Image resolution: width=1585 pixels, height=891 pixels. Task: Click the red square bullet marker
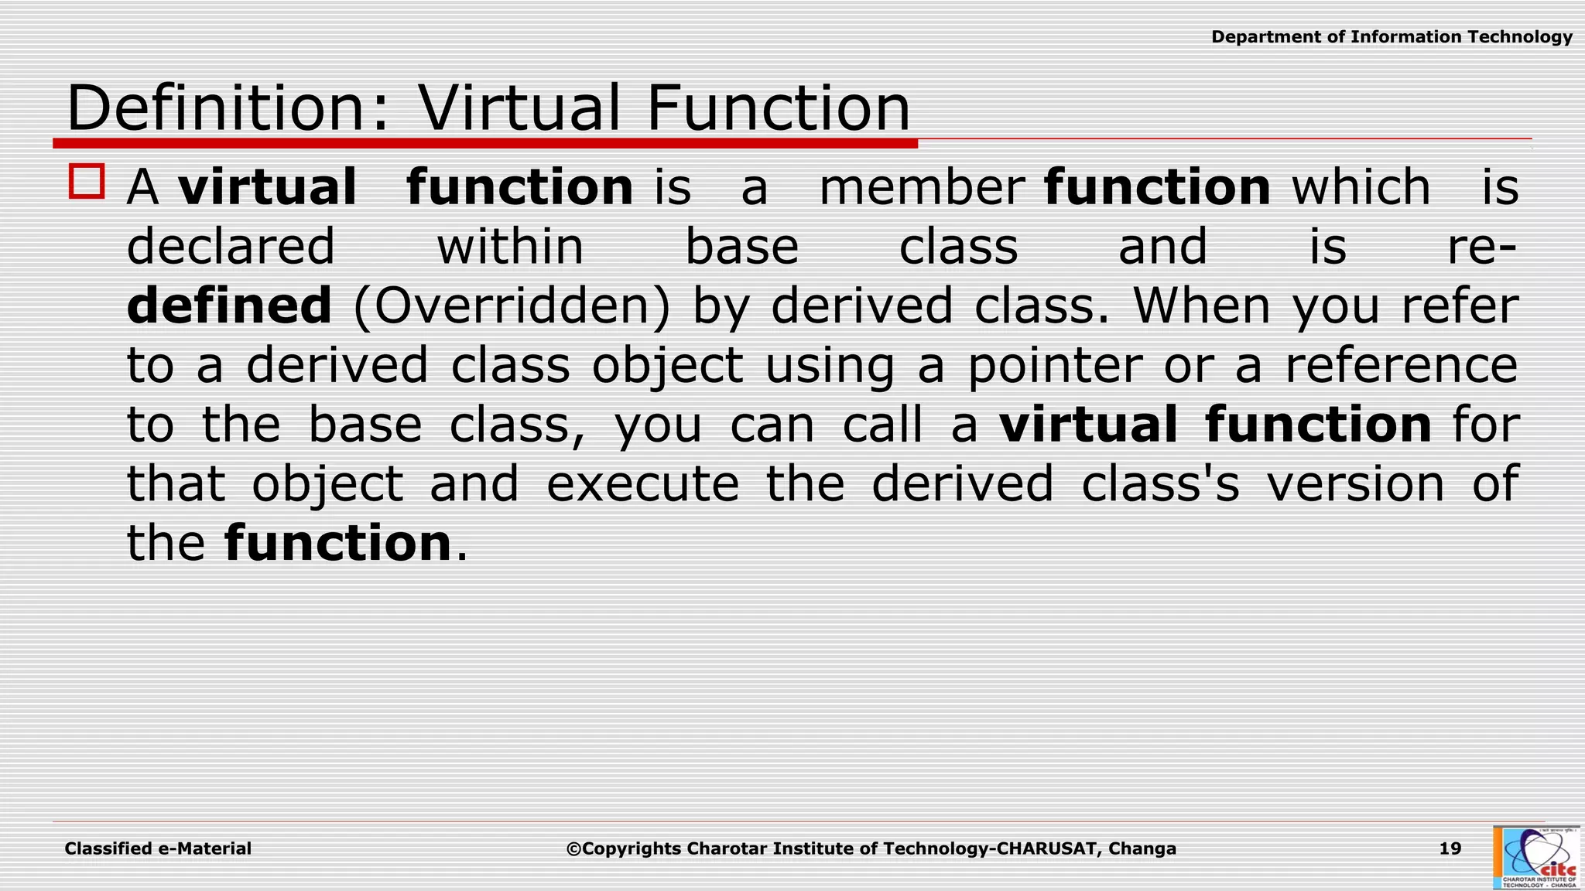(x=87, y=182)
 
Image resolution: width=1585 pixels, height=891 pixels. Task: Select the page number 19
(x=1450, y=848)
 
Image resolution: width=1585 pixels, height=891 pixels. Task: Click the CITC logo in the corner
(x=1537, y=857)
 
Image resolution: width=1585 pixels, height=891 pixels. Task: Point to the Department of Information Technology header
(x=1392, y=37)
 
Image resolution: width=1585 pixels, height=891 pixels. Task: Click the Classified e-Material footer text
(x=158, y=848)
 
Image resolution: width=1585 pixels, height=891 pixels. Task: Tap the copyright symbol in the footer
(x=573, y=849)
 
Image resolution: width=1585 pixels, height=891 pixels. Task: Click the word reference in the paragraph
(x=1401, y=366)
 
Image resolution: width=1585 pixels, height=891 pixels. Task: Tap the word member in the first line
(x=922, y=188)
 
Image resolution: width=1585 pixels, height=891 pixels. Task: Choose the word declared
(x=230, y=247)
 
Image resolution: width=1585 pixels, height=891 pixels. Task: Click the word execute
(x=643, y=484)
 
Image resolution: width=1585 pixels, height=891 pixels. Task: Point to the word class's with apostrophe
(x=1159, y=484)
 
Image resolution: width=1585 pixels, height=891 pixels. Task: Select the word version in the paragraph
(x=1355, y=484)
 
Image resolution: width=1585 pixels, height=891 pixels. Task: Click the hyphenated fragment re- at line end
(x=1481, y=247)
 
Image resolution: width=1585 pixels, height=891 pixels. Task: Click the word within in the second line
(x=510, y=247)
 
